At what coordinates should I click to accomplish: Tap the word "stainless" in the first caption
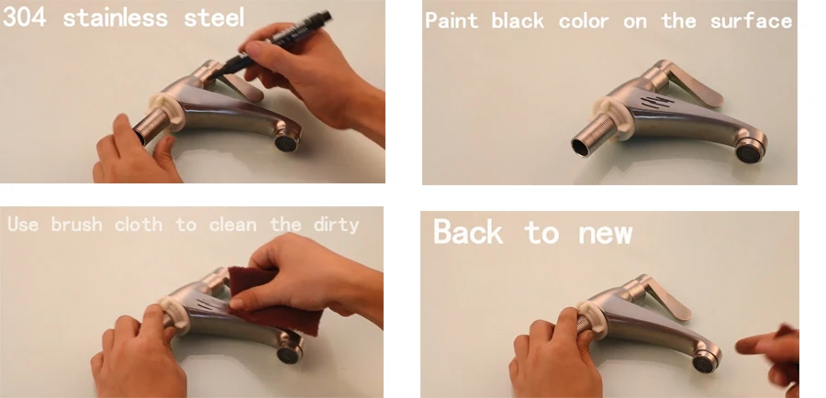point(116,17)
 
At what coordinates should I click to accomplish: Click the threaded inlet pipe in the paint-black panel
point(593,139)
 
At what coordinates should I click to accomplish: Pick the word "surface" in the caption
point(751,22)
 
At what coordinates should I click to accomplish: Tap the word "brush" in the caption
point(77,225)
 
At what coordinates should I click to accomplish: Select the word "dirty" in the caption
point(336,226)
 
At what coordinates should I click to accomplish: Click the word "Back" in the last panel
point(467,231)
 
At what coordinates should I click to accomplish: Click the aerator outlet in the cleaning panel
point(289,349)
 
